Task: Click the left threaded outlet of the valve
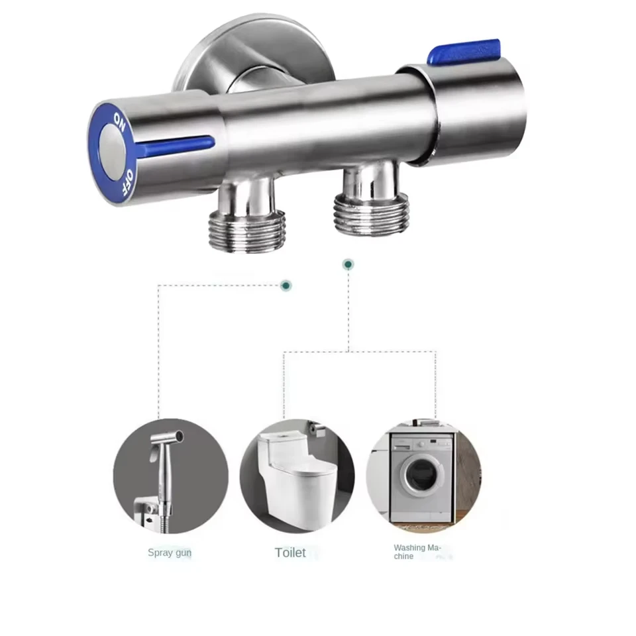(247, 228)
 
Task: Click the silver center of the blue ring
(110, 151)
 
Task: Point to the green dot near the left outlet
(286, 286)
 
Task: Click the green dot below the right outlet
(348, 264)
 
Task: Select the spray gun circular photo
(170, 476)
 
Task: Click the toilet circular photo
(297, 476)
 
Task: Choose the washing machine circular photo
(423, 476)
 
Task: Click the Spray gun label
(170, 552)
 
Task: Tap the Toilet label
(291, 552)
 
